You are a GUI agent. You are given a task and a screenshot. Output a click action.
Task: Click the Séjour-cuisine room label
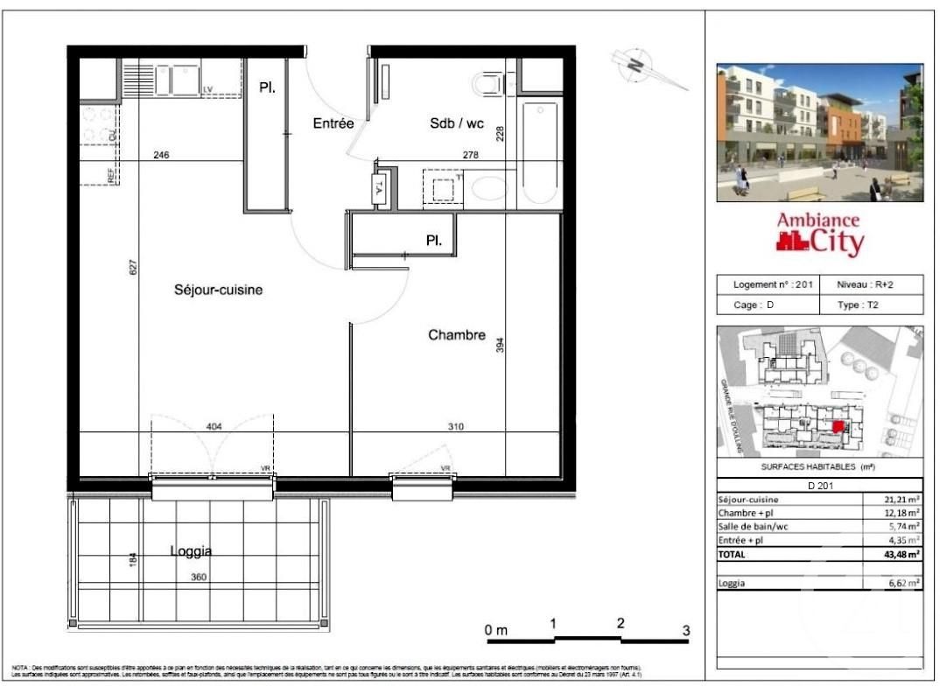[219, 290]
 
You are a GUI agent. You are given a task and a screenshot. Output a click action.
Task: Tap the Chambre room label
[456, 334]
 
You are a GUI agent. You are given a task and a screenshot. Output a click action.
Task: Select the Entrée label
[333, 124]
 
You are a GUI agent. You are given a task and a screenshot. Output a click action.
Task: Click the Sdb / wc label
[456, 124]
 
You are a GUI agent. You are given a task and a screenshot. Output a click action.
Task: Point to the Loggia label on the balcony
[190, 551]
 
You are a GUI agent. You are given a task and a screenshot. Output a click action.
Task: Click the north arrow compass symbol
[637, 64]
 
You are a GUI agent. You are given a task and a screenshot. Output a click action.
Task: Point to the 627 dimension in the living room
[130, 267]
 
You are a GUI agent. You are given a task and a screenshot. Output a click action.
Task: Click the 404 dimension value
[214, 427]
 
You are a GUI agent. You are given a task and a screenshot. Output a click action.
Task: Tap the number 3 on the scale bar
[686, 630]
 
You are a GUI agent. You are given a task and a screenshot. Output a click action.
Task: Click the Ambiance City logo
[820, 234]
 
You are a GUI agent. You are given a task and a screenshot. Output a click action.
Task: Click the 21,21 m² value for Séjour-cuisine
[901, 499]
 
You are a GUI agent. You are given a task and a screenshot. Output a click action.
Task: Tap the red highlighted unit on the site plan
[838, 427]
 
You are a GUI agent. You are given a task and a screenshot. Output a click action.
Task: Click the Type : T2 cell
[871, 305]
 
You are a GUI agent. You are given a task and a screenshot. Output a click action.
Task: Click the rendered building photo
[819, 131]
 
